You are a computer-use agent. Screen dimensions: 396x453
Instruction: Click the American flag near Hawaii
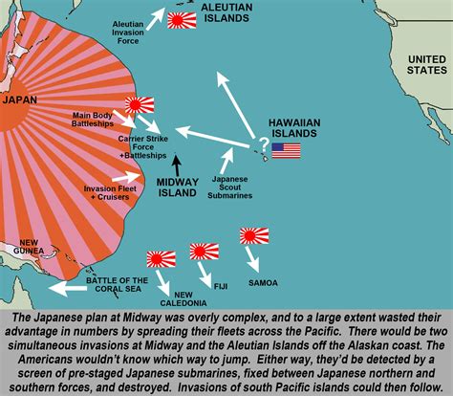(285, 150)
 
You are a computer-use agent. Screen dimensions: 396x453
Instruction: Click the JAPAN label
(20, 99)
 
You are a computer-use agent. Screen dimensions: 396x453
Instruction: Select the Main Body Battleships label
(97, 121)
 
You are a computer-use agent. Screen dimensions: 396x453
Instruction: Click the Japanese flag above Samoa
(253, 235)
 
